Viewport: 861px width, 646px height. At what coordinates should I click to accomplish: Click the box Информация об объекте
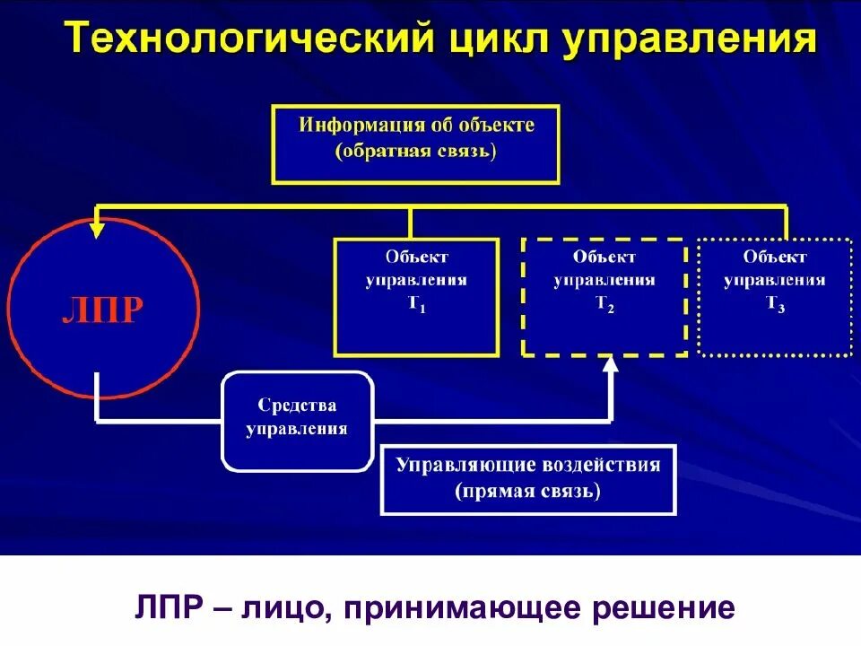416,144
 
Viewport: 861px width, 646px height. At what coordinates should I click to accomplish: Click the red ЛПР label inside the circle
102,309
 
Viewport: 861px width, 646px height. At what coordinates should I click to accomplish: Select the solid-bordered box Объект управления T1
415,296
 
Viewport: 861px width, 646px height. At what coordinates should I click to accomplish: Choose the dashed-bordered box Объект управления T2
604,296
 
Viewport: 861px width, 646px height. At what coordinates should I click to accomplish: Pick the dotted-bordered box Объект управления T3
775,296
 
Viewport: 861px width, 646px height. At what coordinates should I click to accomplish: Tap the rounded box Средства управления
297,419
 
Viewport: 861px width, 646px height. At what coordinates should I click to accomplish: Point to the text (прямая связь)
528,492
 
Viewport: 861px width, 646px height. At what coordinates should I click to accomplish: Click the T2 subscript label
604,304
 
